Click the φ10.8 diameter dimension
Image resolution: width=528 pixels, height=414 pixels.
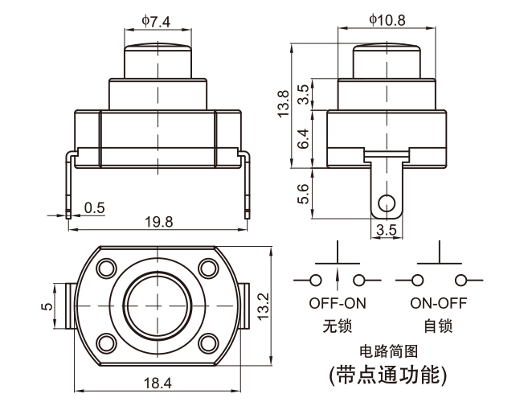387,18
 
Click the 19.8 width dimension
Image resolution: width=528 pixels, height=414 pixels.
158,223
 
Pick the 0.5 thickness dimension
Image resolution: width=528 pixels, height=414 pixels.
94,207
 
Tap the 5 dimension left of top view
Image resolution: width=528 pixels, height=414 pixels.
47,305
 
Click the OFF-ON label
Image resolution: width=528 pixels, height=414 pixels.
337,305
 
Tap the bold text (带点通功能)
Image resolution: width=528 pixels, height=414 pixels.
388,375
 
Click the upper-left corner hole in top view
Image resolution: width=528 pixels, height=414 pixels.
105,266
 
